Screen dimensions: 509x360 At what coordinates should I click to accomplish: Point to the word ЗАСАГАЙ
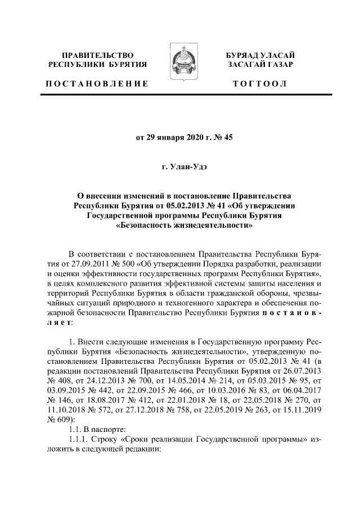pos(248,65)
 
